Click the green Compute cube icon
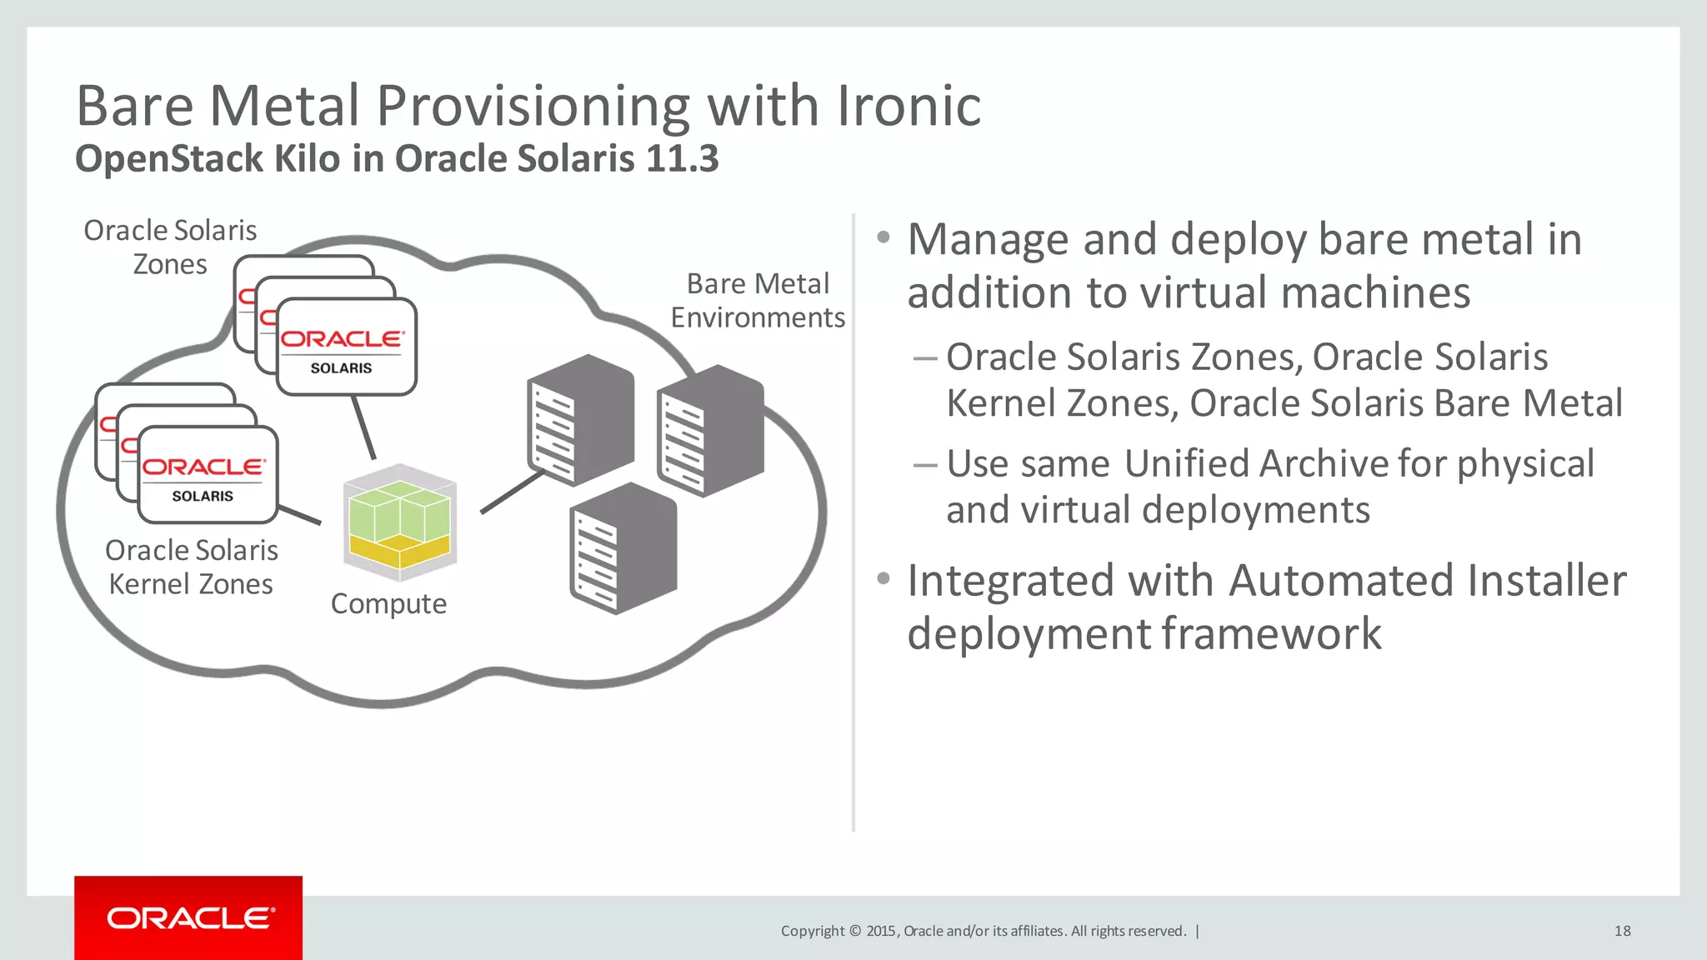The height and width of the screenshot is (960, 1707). tap(400, 522)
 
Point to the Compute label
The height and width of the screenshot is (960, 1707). tap(388, 603)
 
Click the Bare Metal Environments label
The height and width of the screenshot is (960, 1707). tap(758, 301)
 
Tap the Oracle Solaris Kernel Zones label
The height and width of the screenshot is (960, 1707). tap(191, 567)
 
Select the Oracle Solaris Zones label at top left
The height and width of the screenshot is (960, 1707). tap(170, 247)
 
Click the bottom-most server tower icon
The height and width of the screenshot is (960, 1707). tap(623, 548)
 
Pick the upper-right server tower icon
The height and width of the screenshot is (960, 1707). tap(710, 430)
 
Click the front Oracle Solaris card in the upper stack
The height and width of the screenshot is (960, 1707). tap(346, 347)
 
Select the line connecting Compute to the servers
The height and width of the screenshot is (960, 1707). tap(512, 492)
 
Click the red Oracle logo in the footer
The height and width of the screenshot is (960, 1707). tap(189, 918)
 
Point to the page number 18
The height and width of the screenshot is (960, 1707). tap(1622, 931)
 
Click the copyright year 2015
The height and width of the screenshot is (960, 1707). tap(880, 931)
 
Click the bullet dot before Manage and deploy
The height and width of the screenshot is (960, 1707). tap(884, 238)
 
